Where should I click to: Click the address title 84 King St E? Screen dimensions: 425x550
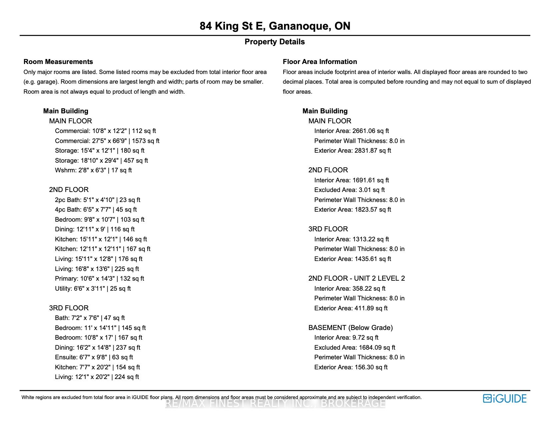(275, 26)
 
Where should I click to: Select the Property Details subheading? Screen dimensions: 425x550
(275, 42)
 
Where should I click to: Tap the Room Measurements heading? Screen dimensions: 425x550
(58, 62)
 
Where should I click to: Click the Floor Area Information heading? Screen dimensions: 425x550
(320, 62)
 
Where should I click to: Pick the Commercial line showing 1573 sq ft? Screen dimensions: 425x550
(107, 141)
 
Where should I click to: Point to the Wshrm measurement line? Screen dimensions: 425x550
(93, 170)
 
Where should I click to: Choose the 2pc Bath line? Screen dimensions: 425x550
(97, 200)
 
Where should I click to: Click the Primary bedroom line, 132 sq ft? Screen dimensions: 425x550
(99, 278)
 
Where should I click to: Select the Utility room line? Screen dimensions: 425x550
(93, 288)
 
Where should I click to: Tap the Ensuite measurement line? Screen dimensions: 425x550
(94, 357)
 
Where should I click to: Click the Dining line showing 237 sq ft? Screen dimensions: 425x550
(97, 347)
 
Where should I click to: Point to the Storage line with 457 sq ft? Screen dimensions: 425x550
(101, 160)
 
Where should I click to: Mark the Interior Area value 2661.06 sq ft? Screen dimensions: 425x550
(351, 131)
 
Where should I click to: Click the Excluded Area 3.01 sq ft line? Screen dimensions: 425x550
(349, 190)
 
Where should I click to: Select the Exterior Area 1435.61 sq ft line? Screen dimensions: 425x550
(352, 259)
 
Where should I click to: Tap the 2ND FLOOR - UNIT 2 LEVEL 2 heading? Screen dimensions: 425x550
(356, 278)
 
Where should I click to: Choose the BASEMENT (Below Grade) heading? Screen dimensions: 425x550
(350, 328)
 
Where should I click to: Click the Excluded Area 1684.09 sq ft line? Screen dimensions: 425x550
(355, 347)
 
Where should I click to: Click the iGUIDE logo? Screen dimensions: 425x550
(504, 398)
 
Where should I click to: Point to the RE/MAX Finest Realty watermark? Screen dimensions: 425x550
(275, 404)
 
